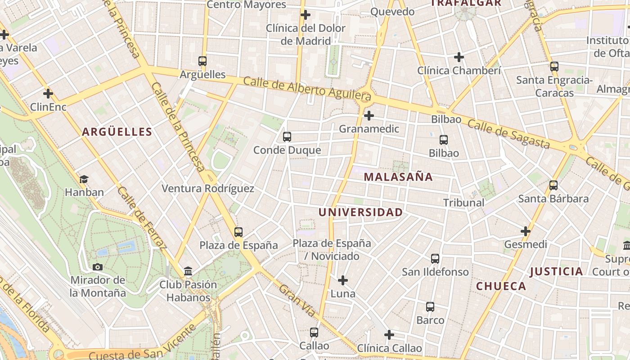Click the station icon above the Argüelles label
[x=202, y=61]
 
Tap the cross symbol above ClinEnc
[x=48, y=94]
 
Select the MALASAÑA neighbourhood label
[x=398, y=177]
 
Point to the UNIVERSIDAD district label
[x=361, y=212]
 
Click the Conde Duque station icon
[x=287, y=137]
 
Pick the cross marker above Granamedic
[x=369, y=116]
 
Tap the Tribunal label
[x=464, y=202]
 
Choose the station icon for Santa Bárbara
[x=553, y=185]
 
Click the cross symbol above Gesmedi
[x=526, y=231]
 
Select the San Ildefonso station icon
[x=435, y=259]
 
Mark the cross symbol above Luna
[x=343, y=280]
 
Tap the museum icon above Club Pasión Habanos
[x=188, y=271]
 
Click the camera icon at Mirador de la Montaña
[x=98, y=267]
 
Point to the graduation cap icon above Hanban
[x=84, y=179]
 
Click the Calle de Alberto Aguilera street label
[x=308, y=89]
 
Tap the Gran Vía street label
[x=297, y=301]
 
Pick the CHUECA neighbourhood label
[x=501, y=286]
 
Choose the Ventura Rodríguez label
[x=208, y=189]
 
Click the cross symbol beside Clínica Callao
[x=389, y=335]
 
